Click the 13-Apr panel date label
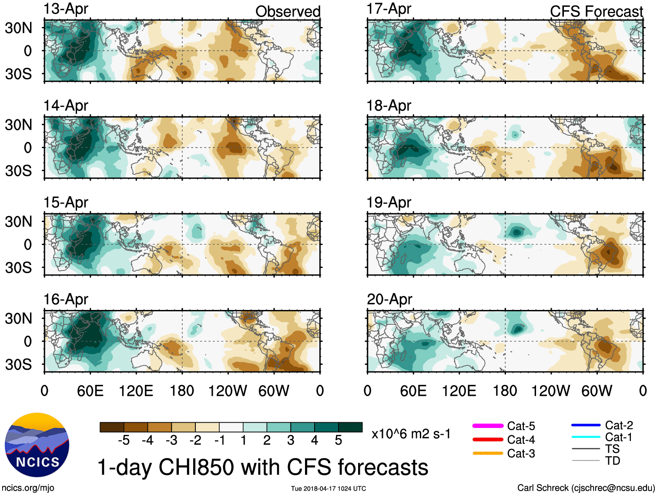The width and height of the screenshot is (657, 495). tap(66, 9)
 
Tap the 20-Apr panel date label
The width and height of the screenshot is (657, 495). tap(389, 300)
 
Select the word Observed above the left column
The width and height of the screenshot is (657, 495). tap(288, 12)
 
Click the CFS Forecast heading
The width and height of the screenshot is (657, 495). tap(596, 12)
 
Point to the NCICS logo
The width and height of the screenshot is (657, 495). tap(37, 444)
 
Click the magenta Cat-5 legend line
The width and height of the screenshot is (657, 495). tap(488, 426)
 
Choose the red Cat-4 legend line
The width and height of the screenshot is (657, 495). tap(488, 440)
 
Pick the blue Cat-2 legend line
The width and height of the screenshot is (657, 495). tap(586, 425)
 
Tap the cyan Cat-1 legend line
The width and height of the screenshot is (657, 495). tap(586, 437)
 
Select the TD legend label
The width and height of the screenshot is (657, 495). tap(613, 461)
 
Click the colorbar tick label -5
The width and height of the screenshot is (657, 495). tap(124, 441)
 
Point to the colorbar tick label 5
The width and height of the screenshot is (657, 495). tap(339, 441)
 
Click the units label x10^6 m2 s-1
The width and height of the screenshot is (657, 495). tap(411, 434)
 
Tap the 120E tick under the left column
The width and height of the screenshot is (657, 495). tap(136, 391)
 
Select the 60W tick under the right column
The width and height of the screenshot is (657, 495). tap(597, 391)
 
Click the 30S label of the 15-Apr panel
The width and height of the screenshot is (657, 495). tap(19, 267)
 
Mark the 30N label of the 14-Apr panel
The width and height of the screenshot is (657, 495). tap(19, 125)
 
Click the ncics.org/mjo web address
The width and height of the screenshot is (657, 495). tap(28, 488)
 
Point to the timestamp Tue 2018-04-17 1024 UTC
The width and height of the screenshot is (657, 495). tap(328, 488)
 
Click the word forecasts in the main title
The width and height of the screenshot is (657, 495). tap(383, 468)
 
